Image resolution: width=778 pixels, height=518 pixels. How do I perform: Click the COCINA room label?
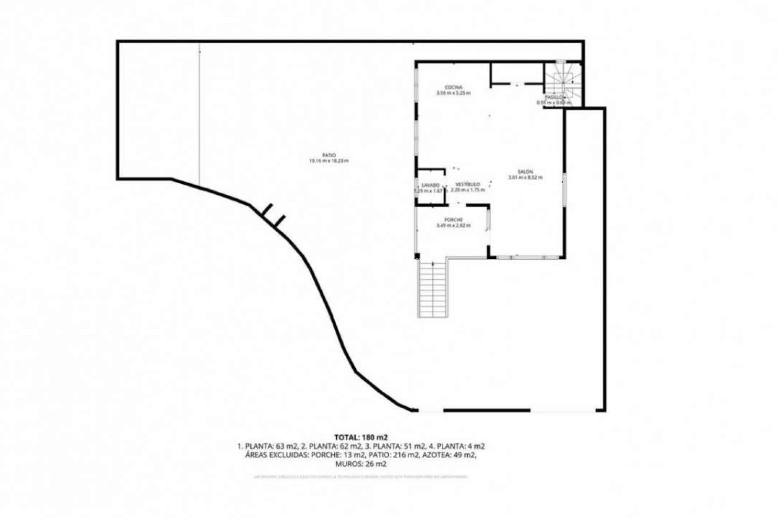[x=453, y=87]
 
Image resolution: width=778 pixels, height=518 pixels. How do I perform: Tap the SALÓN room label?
[x=525, y=172]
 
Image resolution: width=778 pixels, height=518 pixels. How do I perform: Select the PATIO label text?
[x=329, y=155]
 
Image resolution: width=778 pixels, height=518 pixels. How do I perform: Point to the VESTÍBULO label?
[x=468, y=184]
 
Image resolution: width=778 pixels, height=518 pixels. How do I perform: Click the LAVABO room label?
[x=430, y=185]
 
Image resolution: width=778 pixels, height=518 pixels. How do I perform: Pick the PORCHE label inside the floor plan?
[x=453, y=220]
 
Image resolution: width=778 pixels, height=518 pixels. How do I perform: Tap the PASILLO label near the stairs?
[x=554, y=98]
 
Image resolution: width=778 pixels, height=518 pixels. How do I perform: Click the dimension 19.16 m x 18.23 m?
[x=329, y=161]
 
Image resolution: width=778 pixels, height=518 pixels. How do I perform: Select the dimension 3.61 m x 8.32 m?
[x=525, y=177]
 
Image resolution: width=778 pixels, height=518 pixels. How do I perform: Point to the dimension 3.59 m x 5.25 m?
[x=453, y=93]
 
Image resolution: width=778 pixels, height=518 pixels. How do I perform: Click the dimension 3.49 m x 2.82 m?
[x=453, y=226]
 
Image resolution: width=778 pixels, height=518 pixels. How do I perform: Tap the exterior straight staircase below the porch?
[x=433, y=289]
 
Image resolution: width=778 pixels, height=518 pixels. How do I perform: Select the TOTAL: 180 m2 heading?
[x=361, y=437]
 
